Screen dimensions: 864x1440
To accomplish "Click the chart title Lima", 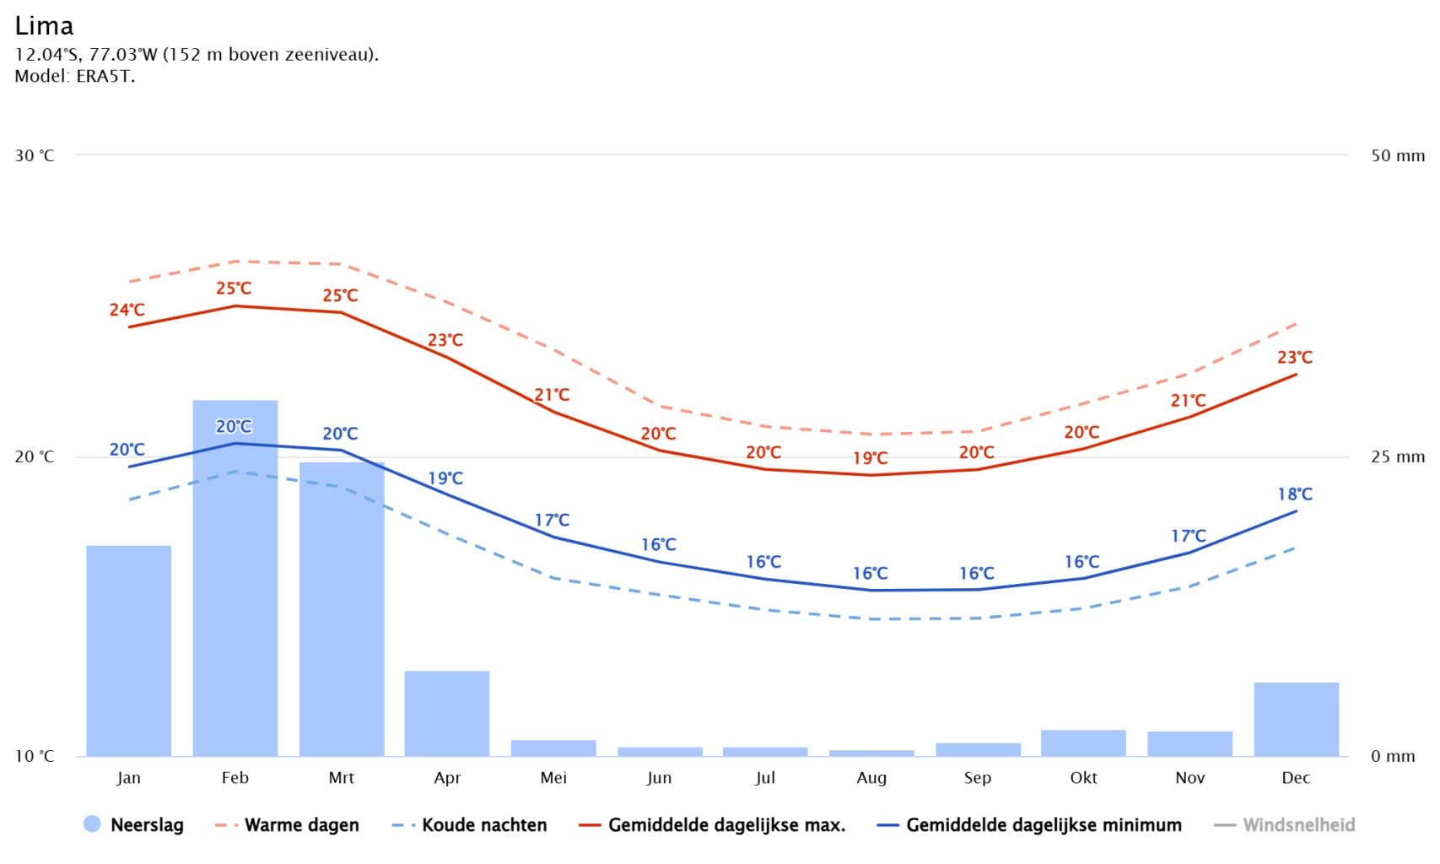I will click(44, 26).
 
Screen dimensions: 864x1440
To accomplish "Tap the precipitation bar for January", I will click(128, 651).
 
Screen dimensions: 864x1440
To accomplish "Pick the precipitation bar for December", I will click(1296, 719).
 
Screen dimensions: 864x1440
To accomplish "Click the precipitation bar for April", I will click(447, 713).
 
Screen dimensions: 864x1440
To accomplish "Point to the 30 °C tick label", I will click(35, 155).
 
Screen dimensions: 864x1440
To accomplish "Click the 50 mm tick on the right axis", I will click(1397, 155).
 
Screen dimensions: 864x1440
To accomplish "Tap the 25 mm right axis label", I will click(1397, 456).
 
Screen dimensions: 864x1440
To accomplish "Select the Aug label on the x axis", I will click(871, 778).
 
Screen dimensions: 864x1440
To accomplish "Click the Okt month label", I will click(1083, 778).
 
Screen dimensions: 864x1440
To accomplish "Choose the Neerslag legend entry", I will click(133, 825).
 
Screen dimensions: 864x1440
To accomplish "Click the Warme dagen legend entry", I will click(288, 825).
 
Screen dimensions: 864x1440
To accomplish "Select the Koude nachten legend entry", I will click(470, 825).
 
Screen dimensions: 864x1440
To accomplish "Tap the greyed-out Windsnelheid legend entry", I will click(1285, 825).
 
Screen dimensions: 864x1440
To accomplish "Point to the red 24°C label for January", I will click(127, 310).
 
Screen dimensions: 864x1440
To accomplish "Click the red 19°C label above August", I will click(870, 458).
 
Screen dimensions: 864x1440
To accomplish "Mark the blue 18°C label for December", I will click(1295, 494).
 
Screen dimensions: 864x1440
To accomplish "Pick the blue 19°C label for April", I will click(445, 478).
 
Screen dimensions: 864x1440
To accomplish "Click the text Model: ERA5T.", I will click(74, 76).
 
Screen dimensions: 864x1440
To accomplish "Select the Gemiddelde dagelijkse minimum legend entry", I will click(1030, 825).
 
